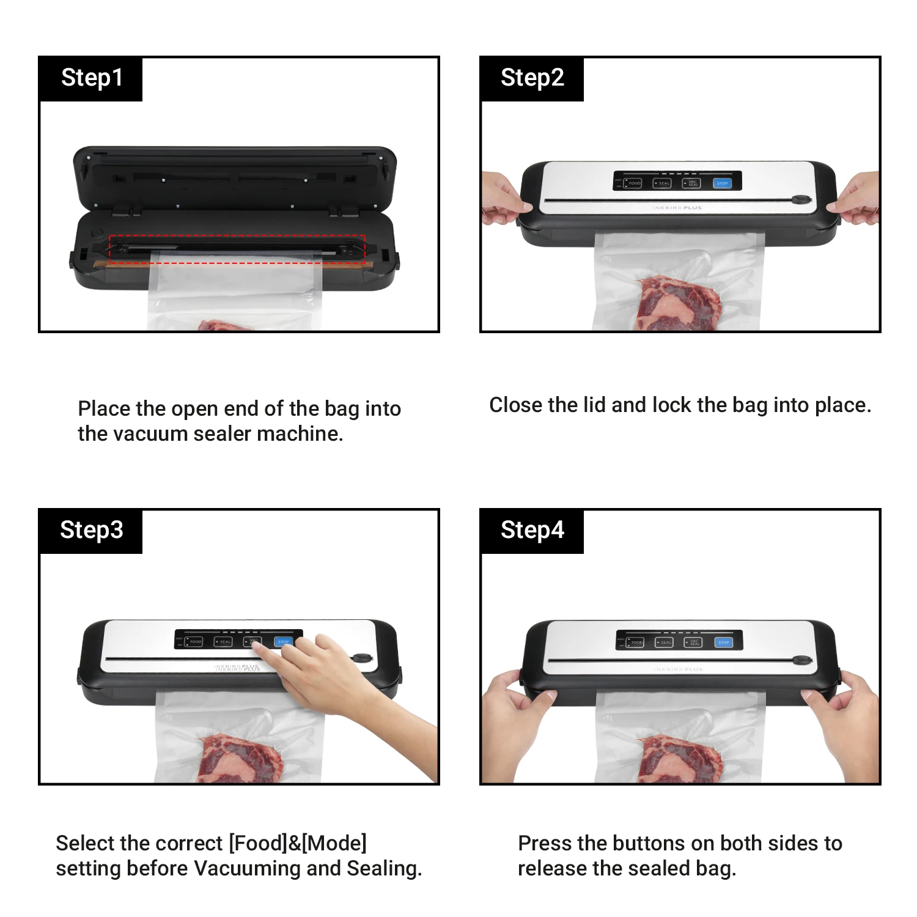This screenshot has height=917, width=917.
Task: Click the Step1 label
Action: pos(92,78)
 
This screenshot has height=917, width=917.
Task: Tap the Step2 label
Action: pos(532,78)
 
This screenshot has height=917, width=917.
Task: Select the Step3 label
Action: pos(92,530)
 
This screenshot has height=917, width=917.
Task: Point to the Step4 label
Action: pos(532,530)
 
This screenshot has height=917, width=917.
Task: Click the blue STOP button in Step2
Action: pos(722,183)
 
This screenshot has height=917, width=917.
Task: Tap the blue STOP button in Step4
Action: pos(724,643)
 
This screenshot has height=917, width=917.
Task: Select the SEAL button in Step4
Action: pos(665,643)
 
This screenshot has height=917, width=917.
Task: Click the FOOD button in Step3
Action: pos(194,641)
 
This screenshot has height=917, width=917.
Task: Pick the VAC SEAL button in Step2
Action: pos(691,183)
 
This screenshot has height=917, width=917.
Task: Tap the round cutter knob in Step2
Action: pos(800,200)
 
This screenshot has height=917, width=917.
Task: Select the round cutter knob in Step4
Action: pos(801,660)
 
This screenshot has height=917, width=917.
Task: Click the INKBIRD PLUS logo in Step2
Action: pos(677,208)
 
